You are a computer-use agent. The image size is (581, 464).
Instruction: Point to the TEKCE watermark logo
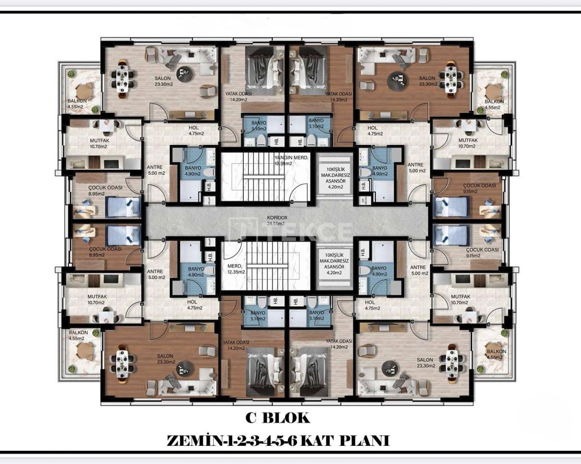tap(290, 230)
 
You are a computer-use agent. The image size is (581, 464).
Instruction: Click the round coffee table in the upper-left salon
tap(183, 71)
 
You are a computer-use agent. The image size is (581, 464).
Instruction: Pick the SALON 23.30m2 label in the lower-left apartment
tap(166, 359)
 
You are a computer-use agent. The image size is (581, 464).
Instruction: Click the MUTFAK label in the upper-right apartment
tap(468, 143)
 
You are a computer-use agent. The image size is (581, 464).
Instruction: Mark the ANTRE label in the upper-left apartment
tap(155, 170)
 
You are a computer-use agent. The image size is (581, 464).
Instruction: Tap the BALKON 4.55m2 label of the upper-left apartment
tap(76, 104)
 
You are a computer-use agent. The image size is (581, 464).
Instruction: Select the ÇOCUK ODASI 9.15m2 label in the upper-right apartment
tap(479, 188)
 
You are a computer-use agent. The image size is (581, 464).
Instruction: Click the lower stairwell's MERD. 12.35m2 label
tap(236, 269)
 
